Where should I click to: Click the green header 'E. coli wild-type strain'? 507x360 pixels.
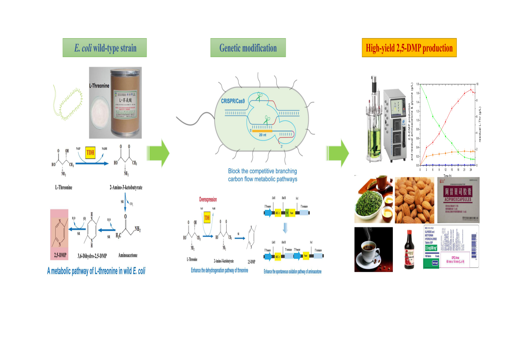tap(105, 48)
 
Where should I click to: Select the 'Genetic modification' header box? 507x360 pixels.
tap(248, 48)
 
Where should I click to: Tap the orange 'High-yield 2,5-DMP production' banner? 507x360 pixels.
tap(409, 48)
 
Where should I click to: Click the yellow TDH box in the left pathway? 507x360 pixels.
tap(90, 152)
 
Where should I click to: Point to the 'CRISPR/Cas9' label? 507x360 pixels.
tap(233, 101)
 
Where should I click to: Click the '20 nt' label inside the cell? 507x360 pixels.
tap(263, 135)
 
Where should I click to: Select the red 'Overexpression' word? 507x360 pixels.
tap(208, 199)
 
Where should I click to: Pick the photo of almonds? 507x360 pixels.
tap(414, 200)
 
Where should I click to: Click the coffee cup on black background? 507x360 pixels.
tap(373, 249)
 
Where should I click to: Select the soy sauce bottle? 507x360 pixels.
tap(409, 250)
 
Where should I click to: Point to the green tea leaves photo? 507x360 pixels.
tap(374, 200)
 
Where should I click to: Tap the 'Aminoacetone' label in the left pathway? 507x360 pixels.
tap(128, 255)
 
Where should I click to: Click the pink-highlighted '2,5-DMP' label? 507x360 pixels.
tap(60, 255)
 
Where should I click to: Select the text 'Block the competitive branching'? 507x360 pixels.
tap(263, 171)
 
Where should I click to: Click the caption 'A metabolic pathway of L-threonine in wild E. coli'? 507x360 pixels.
tap(96, 271)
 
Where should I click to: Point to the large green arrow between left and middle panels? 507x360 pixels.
tap(159, 153)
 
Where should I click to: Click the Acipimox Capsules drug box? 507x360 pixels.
tap(458, 200)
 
